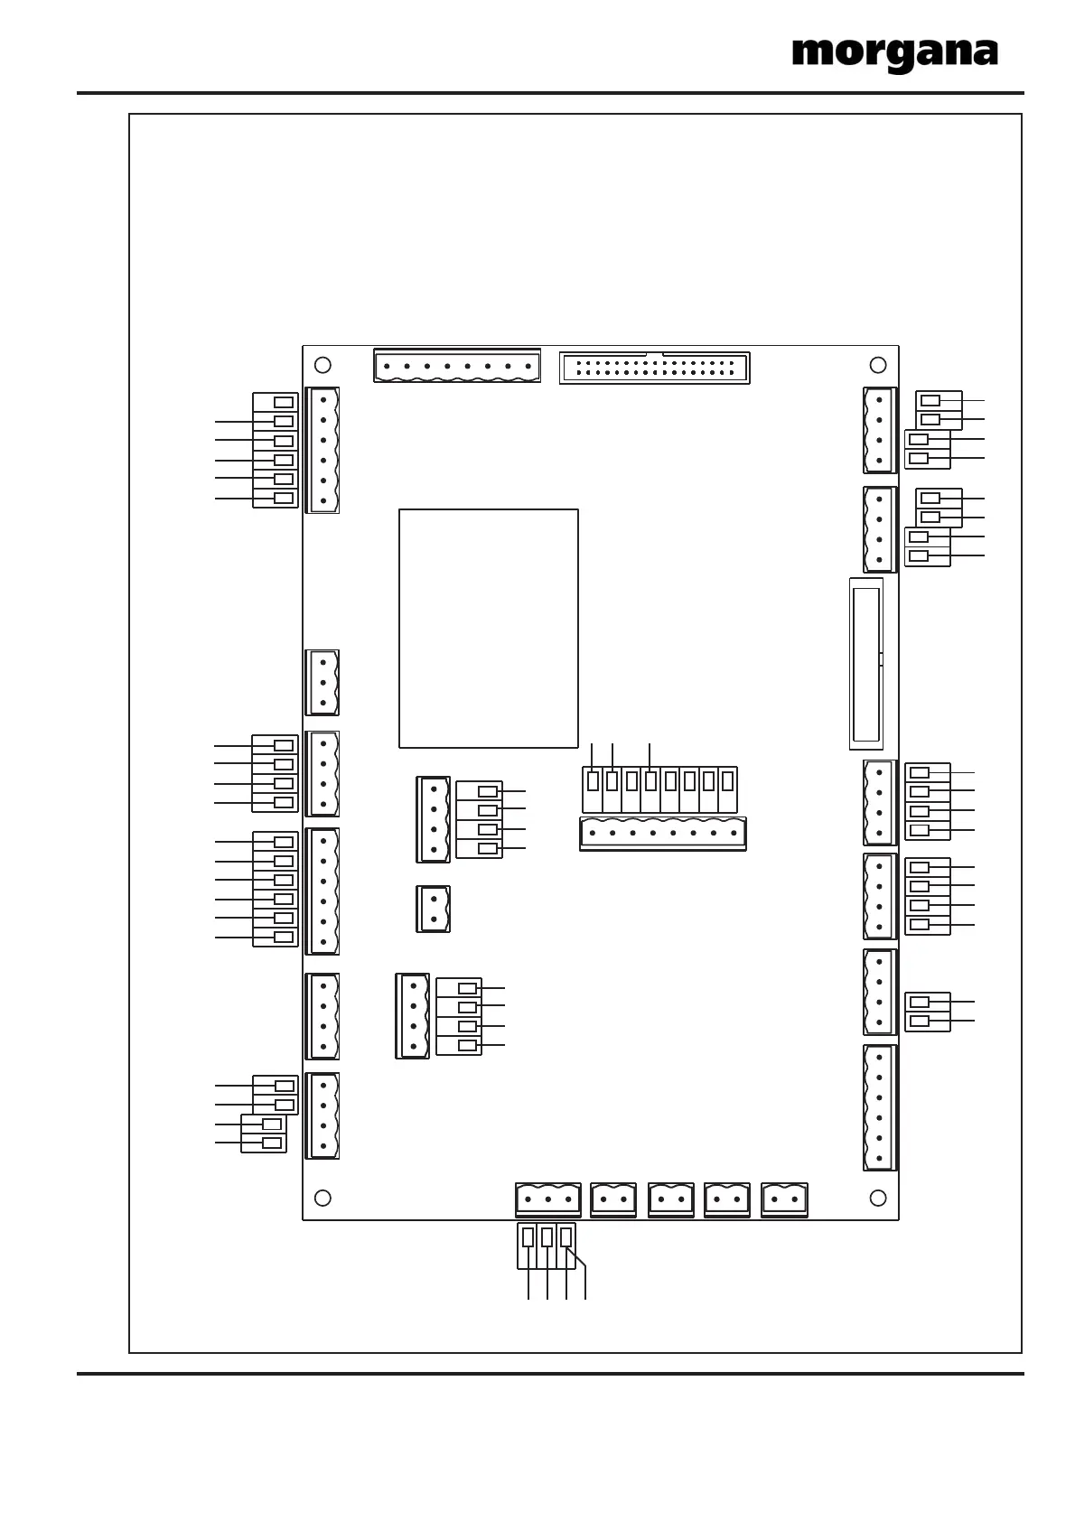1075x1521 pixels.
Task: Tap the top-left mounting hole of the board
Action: (322, 365)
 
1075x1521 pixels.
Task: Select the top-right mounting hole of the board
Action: (877, 365)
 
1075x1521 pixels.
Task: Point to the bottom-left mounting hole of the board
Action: (322, 1198)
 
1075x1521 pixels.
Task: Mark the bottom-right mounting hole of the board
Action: (877, 1198)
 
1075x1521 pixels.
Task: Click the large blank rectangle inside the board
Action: (488, 628)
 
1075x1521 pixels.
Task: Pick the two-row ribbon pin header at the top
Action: (654, 369)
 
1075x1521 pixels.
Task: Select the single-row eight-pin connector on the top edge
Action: (456, 367)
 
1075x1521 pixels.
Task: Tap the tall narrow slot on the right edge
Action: (865, 664)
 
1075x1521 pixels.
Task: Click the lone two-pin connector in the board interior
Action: (434, 909)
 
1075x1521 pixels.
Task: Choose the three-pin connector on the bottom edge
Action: (547, 1199)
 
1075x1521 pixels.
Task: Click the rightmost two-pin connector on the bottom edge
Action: (784, 1199)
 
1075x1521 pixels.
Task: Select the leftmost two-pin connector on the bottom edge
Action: (613, 1199)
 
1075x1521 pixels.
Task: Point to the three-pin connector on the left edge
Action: (322, 682)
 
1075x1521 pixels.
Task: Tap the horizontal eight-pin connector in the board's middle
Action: (662, 833)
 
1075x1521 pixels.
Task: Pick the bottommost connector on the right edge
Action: (879, 1107)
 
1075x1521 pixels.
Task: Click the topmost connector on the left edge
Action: (322, 450)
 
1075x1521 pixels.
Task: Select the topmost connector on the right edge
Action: (879, 430)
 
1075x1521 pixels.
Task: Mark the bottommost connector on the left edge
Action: (322, 1115)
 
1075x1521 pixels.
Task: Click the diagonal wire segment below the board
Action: (576, 1255)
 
